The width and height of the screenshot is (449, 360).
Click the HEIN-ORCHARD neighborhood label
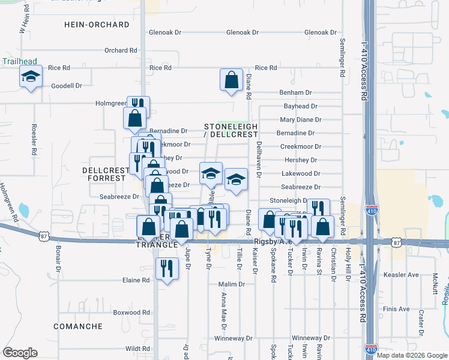(x=97, y=25)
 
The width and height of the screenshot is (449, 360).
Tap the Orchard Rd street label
(x=117, y=50)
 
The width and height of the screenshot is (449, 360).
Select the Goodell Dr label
(x=67, y=86)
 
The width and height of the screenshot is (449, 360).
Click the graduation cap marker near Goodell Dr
(x=31, y=77)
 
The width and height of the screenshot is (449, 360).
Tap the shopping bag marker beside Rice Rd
(x=231, y=80)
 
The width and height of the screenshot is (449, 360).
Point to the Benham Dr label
(x=296, y=92)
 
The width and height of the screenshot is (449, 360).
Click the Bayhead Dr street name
(x=300, y=106)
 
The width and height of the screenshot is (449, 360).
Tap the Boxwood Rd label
(x=131, y=313)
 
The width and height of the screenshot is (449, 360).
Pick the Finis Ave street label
(x=397, y=309)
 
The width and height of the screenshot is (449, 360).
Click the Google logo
(x=20, y=353)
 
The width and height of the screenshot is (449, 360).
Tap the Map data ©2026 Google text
(x=411, y=355)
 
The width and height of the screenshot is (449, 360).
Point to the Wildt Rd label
(x=137, y=349)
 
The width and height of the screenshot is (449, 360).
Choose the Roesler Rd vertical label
(x=34, y=140)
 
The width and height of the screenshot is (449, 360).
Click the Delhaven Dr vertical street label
(x=260, y=160)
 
